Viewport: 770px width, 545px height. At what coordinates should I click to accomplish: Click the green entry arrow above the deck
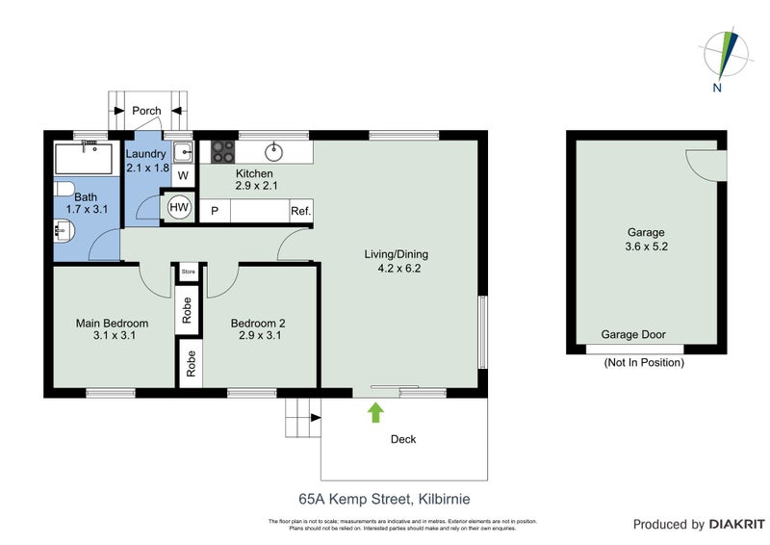coord(375,412)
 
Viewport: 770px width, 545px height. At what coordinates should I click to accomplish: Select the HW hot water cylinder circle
coord(179,208)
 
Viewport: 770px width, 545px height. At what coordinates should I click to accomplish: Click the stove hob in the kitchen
coord(223,151)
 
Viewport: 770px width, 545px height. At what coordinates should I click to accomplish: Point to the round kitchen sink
coord(274,150)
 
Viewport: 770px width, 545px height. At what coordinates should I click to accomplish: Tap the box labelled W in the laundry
coord(183,176)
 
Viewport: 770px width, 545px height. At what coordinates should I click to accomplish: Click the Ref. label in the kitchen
coord(300,211)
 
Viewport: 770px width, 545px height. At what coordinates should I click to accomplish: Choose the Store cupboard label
coord(188,272)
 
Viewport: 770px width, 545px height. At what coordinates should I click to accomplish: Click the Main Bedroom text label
coord(112,330)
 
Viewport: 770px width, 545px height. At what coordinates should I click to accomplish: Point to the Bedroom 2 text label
coord(261,330)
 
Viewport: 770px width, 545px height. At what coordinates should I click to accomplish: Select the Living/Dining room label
coord(396,262)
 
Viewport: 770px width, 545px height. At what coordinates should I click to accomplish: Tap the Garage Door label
coord(633,335)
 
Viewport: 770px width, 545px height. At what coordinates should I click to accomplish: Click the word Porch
coord(146,111)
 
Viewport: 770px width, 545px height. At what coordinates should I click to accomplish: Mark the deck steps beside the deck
coord(301,418)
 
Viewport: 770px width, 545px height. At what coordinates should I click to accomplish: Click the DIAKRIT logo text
coord(735,525)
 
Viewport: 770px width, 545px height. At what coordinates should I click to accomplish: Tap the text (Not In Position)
coord(643,363)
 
